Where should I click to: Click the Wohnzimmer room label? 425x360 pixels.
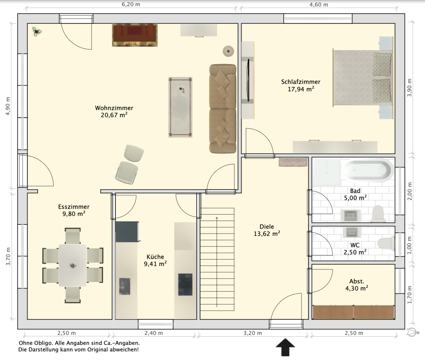point(114,108)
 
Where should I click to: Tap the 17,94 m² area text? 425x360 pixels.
point(301,89)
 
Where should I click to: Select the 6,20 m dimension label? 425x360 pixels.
point(131,4)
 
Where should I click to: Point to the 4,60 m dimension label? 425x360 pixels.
point(319,5)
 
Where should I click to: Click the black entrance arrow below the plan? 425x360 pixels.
point(285,347)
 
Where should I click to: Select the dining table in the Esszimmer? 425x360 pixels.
point(73,265)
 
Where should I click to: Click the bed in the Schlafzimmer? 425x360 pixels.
point(363,78)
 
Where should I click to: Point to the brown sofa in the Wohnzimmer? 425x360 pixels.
point(223,109)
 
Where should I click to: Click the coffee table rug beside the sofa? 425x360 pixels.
point(180,107)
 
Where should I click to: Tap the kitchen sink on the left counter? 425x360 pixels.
point(124,287)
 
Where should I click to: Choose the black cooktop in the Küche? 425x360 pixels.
point(185,284)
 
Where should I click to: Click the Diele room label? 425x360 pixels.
point(267,227)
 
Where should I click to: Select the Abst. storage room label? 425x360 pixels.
point(357,281)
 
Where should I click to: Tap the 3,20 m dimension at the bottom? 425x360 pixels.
point(253,333)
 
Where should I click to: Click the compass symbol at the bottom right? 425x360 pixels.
point(413,332)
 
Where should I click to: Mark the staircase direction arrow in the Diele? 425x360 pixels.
point(217,262)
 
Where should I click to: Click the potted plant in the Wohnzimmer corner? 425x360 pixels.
point(37,32)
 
